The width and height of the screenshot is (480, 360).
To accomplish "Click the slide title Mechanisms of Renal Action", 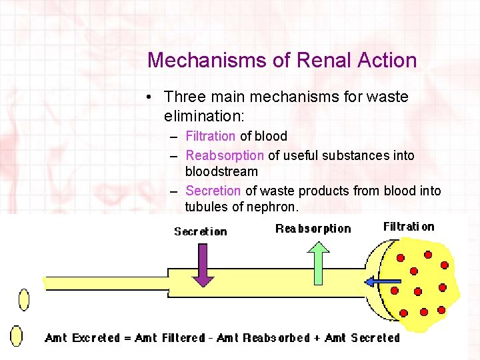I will pyautogui.click(x=282, y=60).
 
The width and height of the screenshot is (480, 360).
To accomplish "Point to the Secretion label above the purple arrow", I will pyautogui.click(x=200, y=231).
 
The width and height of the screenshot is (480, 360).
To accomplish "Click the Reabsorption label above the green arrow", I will pyautogui.click(x=313, y=229).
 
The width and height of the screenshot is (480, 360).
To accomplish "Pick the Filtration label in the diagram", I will pyautogui.click(x=408, y=227).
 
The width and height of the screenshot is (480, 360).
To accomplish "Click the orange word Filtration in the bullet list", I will pyautogui.click(x=210, y=136).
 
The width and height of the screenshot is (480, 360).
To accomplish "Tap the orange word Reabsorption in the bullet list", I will pyautogui.click(x=225, y=155).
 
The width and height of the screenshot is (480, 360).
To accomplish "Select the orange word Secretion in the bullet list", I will pyautogui.click(x=213, y=191).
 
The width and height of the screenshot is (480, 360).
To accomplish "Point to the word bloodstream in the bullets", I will pyautogui.click(x=221, y=171).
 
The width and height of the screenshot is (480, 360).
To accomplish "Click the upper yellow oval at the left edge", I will pyautogui.click(x=24, y=299).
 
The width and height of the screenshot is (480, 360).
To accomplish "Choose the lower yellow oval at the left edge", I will pyautogui.click(x=17, y=335).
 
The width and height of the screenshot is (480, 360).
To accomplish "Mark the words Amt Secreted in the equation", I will pyautogui.click(x=361, y=338).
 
